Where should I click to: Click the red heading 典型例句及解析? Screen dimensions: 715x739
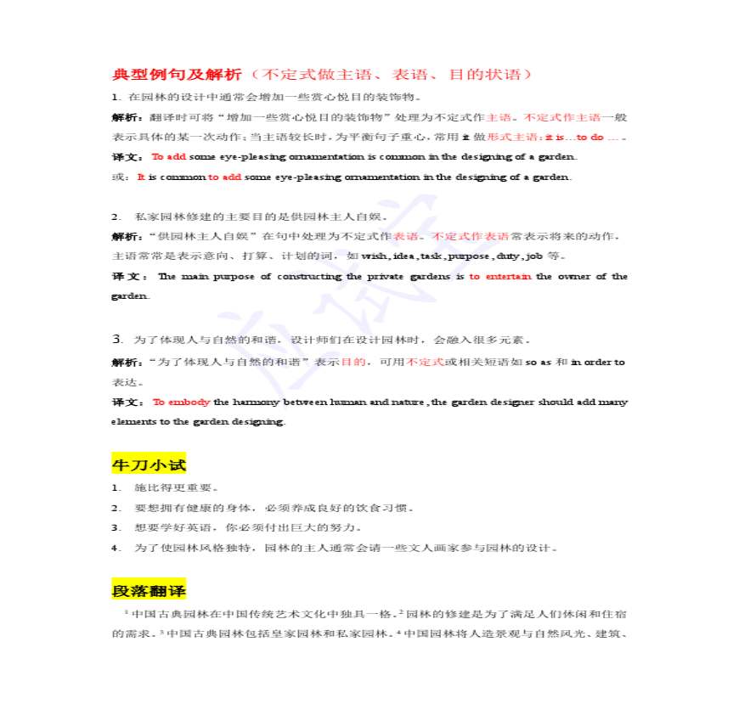[177, 74]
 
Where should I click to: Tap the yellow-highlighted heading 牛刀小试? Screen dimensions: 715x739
[149, 464]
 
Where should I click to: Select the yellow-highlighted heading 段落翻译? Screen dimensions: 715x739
[149, 590]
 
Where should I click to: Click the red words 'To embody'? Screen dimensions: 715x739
[181, 402]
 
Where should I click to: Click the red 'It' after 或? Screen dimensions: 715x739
[141, 177]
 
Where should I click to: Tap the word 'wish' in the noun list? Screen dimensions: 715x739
[375, 256]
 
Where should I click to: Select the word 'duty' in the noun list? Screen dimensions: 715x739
[508, 256]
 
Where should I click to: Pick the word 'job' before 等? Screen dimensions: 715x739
[534, 256]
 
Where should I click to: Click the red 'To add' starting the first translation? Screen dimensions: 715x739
[168, 156]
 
